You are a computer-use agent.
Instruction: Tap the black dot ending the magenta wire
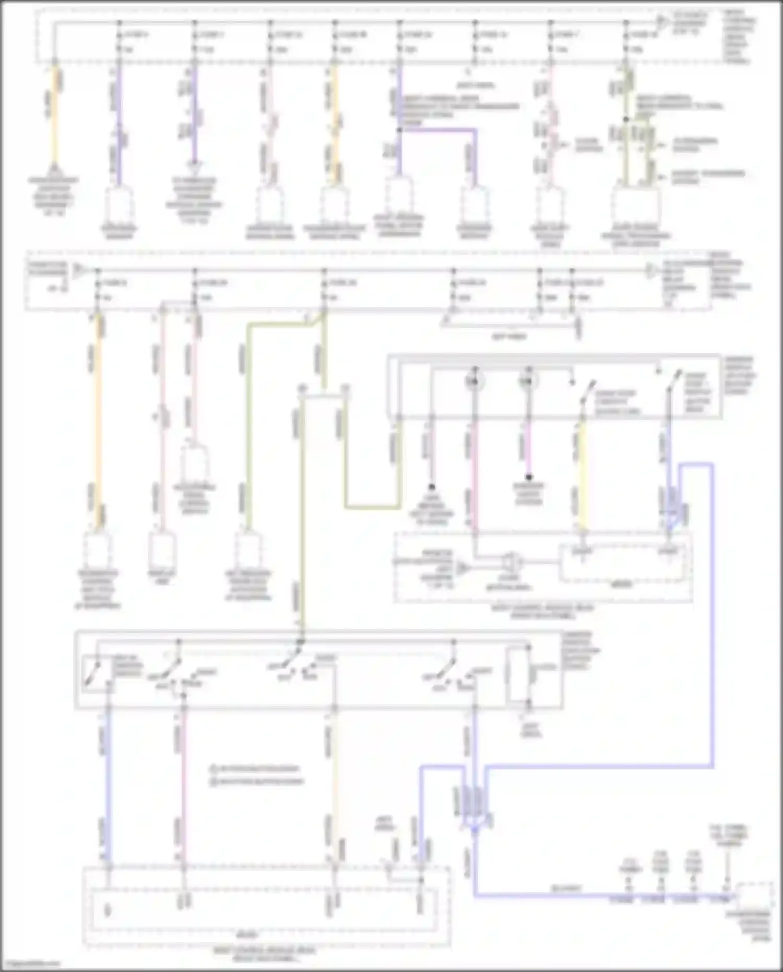(x=528, y=477)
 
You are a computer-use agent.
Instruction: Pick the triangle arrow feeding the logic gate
(x=462, y=568)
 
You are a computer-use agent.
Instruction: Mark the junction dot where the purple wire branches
(x=399, y=130)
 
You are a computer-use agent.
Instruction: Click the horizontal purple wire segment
(x=438, y=130)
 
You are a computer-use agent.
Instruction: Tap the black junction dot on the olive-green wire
(x=626, y=120)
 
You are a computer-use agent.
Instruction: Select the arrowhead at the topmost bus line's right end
(x=661, y=22)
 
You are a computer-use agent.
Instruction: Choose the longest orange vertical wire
(x=97, y=418)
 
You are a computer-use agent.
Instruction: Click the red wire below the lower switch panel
(x=183, y=783)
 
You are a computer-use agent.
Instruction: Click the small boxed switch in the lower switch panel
(x=97, y=674)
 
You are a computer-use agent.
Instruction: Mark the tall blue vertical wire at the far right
(x=713, y=616)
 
